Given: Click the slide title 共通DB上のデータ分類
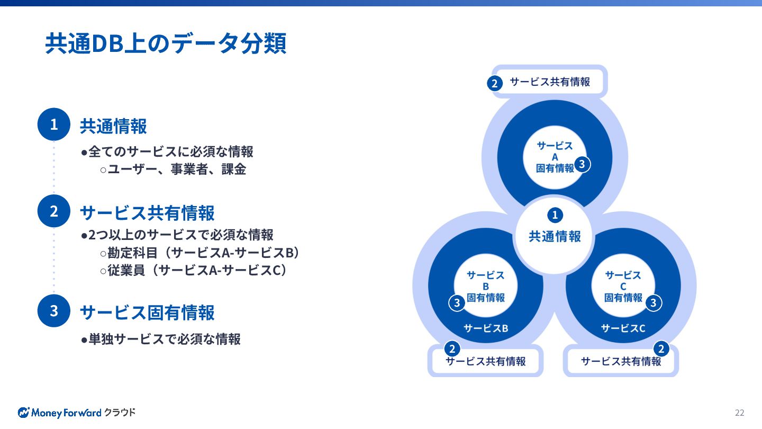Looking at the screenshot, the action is (166, 44).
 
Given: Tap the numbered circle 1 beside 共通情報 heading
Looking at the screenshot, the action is (54, 124).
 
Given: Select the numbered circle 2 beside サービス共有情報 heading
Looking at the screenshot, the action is (54, 211).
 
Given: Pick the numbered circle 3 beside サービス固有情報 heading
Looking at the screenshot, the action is (54, 310).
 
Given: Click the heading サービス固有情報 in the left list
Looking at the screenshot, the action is (147, 312).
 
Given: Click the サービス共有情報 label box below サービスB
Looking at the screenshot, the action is (485, 361).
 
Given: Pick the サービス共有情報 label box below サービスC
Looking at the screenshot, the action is (621, 361).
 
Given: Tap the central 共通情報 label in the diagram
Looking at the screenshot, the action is (555, 236).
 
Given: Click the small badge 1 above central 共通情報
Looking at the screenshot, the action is (555, 215).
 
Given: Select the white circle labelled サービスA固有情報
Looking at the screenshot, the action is (554, 157).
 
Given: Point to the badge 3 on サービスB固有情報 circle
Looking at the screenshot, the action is (457, 303).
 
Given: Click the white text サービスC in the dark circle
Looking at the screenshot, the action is (623, 328).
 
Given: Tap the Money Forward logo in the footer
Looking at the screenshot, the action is (77, 413).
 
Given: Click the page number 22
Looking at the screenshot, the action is (739, 413).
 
